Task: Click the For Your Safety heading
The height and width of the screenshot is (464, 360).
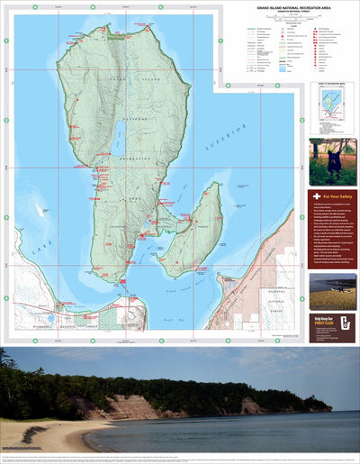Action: click(337, 196)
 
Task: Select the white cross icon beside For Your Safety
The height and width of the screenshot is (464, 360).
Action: click(316, 196)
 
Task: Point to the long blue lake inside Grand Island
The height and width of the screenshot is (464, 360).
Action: click(120, 138)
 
